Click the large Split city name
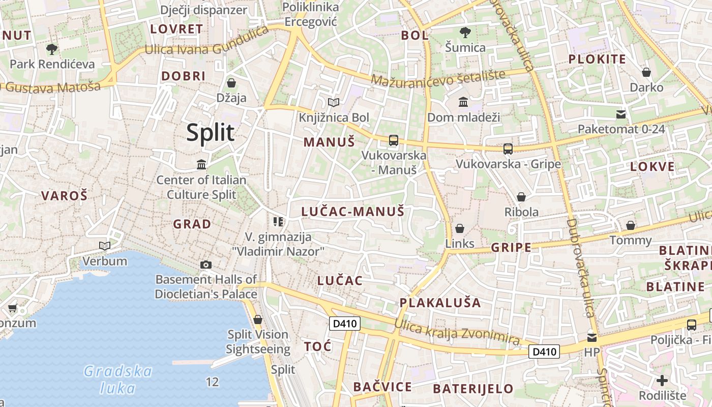(210, 132)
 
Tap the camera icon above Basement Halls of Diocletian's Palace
(206, 265)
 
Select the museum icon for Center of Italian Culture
(201, 164)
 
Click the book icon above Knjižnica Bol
(334, 103)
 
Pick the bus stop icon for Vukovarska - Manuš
(393, 140)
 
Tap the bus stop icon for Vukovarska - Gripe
(508, 149)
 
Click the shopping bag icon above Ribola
(521, 197)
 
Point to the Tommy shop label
(631, 240)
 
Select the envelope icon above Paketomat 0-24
(621, 114)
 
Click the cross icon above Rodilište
(662, 380)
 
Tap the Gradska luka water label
(118, 380)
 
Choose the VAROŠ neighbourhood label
(65, 195)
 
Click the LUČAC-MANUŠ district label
(352, 212)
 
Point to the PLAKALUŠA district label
(440, 303)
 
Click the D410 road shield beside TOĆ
(345, 324)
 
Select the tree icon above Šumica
(465, 33)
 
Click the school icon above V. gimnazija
(278, 221)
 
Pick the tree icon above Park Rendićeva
(51, 49)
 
